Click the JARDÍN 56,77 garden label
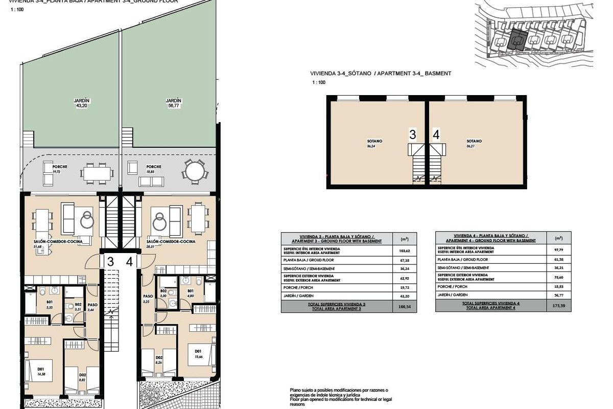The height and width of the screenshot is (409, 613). (174, 103)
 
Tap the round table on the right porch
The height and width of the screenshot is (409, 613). (194, 171)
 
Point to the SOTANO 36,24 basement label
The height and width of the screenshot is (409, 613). (374, 143)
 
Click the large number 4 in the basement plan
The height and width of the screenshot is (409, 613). (436, 135)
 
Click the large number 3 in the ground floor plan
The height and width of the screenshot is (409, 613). (110, 262)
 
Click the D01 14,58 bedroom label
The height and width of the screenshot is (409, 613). (41, 370)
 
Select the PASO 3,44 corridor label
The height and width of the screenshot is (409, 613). (92, 308)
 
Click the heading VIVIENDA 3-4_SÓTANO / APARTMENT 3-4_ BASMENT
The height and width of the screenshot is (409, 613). (381, 74)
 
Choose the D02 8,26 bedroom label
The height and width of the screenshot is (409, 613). (159, 360)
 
